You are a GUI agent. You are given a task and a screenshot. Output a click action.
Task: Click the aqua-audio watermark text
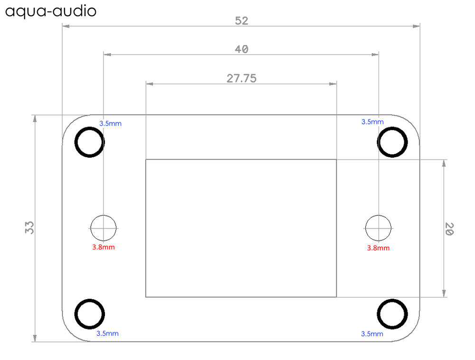[51, 11]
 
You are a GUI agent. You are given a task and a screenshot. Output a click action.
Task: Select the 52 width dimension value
[242, 20]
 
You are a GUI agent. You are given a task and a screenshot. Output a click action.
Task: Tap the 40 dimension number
[241, 49]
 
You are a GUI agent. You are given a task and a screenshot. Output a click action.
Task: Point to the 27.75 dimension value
[241, 78]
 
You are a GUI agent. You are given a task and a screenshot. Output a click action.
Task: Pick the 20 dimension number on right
[449, 228]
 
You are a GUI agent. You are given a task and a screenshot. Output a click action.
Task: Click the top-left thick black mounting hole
[89, 142]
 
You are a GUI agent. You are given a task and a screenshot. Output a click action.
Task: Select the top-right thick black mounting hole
[392, 142]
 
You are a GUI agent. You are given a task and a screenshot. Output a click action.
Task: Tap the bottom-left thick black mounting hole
[89, 314]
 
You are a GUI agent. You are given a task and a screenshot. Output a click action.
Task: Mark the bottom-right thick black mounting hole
[392, 314]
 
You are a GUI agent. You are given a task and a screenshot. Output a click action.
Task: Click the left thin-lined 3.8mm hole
[103, 228]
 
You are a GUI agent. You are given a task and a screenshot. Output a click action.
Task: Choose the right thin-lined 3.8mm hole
[379, 228]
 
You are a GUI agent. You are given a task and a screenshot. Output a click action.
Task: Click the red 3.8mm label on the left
[103, 247]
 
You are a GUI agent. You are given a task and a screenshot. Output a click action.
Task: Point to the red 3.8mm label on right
[379, 248]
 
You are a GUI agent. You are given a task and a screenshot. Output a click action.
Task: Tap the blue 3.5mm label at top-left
[110, 123]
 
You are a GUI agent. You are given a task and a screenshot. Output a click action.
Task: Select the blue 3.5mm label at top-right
[372, 122]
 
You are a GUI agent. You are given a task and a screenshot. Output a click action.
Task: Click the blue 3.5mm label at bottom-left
[107, 333]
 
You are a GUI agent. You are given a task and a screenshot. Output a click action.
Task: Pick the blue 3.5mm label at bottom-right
[372, 334]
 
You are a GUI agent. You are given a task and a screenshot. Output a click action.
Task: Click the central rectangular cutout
[241, 228]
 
